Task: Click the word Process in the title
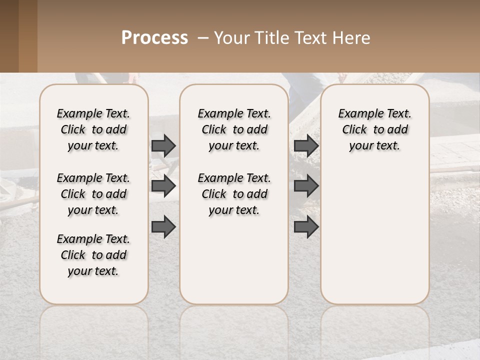154,38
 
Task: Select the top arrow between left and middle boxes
163,145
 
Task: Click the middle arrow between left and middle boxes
163,186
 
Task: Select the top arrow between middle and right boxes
306,145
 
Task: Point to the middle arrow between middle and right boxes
306,186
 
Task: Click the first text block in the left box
93,129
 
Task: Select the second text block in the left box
93,194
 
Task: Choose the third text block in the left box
93,255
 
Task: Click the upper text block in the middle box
234,129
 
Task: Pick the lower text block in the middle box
234,194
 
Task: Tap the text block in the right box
374,129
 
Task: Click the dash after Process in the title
203,38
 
